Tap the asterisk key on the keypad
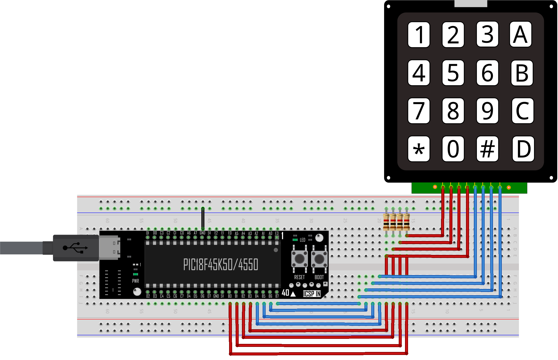pos(419,149)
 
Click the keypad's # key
pos(487,149)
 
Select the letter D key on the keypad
pos(523,149)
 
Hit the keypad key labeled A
pos(520,34)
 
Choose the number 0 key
pos(453,149)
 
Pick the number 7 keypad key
pos(419,111)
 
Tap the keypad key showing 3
pos(487,34)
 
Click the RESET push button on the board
pos(299,259)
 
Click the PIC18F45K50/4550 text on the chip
pos(221,264)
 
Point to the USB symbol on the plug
pos(75,248)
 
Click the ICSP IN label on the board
pos(312,294)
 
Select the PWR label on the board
pos(135,281)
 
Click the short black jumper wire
pos(203,218)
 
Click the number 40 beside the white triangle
pos(285,293)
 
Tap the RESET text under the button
pos(299,277)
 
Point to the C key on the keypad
pos(522,111)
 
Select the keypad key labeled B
pos(522,73)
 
